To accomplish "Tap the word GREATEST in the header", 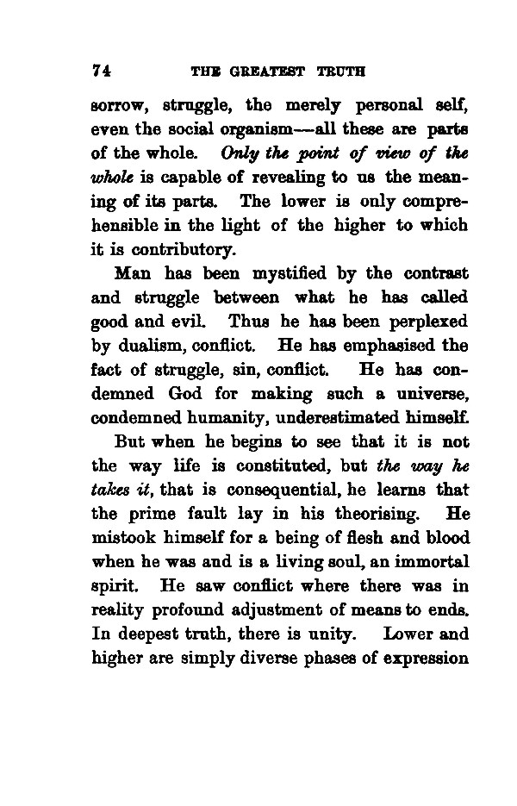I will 267,71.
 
